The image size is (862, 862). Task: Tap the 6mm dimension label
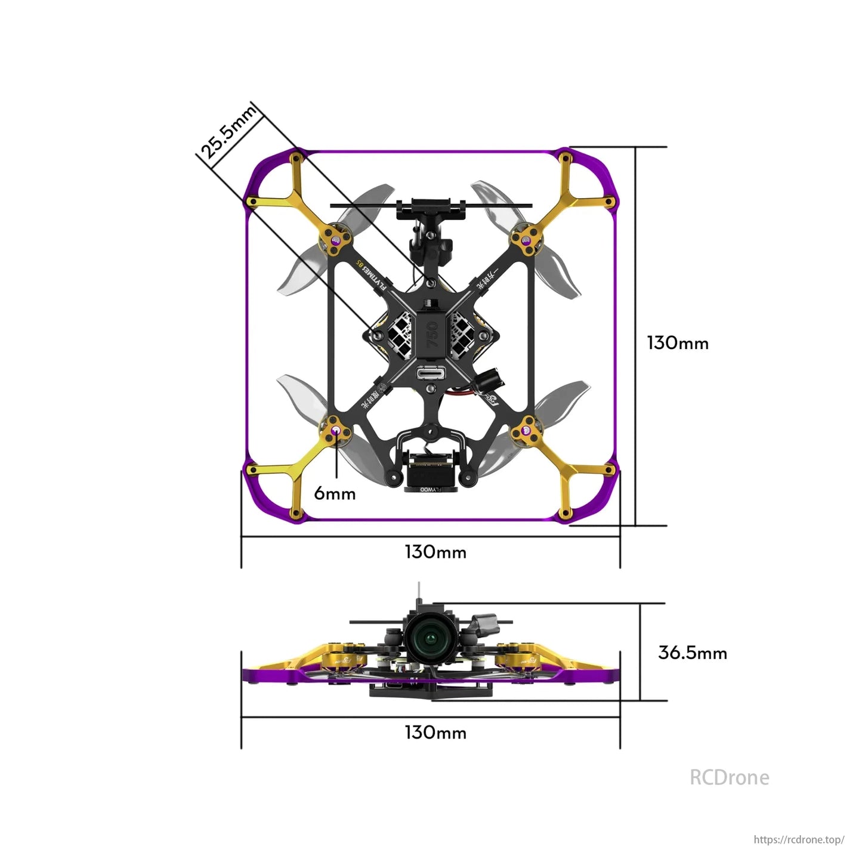point(335,494)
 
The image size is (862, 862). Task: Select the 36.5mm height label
point(692,653)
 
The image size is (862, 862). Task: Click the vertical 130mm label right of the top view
point(678,343)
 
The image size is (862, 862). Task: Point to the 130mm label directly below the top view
point(435,552)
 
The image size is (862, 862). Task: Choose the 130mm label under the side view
point(435,733)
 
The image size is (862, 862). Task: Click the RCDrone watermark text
point(729,777)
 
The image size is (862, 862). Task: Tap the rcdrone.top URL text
point(799,839)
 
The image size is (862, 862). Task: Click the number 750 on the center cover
point(432,335)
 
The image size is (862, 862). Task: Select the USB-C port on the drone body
point(431,373)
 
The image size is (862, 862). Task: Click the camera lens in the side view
point(431,640)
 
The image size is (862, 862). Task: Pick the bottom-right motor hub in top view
point(526,430)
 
